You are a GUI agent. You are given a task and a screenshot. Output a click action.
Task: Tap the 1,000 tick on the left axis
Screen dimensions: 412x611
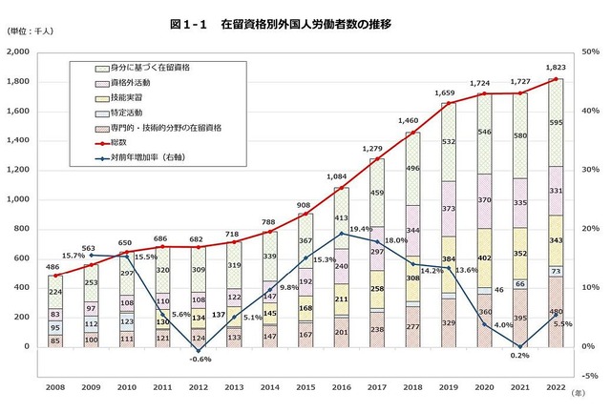click(19, 199)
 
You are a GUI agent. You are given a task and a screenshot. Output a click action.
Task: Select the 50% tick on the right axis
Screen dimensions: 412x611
click(588, 51)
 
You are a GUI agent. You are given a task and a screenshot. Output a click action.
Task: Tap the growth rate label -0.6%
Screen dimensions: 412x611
click(200, 360)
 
